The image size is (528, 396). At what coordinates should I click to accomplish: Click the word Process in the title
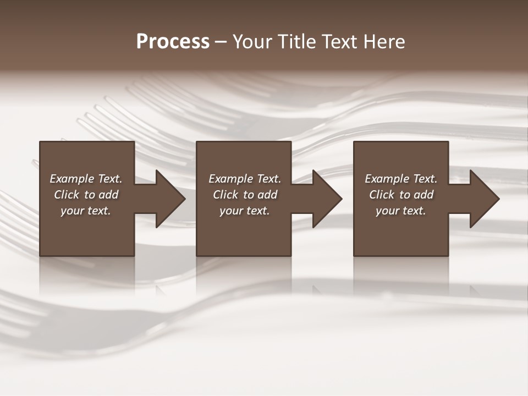point(173,42)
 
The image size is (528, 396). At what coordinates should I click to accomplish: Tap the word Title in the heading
point(293,42)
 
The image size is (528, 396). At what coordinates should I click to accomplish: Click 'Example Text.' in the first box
point(86,179)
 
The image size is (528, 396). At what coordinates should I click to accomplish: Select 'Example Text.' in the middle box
point(245,179)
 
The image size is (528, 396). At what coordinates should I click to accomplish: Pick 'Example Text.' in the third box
point(401,179)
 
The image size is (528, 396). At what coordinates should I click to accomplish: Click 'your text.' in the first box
point(86,211)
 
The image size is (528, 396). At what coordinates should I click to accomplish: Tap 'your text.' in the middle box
point(245,211)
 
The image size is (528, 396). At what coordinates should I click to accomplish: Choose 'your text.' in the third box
point(401,211)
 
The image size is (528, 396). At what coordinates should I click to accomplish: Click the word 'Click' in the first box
point(67,195)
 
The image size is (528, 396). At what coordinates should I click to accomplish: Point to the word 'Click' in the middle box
point(226,195)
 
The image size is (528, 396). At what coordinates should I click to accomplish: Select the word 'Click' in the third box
point(382,195)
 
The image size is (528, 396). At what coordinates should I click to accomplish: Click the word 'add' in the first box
point(108,195)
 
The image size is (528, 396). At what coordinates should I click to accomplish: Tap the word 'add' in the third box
point(424,195)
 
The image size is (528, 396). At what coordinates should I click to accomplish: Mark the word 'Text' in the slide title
point(338,42)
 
